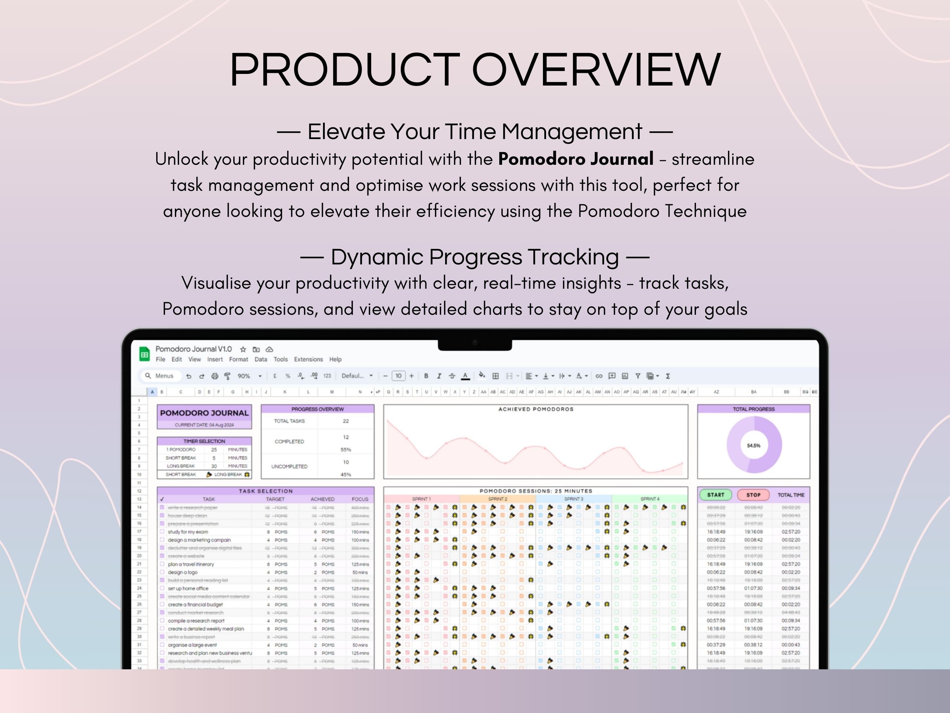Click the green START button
[716, 495]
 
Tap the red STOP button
[753, 495]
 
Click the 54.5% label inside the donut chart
[753, 445]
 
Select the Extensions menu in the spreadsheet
[308, 359]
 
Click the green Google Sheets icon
[145, 355]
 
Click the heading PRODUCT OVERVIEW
[475, 70]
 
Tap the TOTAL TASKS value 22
[346, 421]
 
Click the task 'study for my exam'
[188, 532]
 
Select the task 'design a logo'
[183, 572]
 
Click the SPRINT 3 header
[574, 499]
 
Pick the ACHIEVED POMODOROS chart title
[536, 409]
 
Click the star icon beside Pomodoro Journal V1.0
[243, 349]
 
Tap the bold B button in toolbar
[426, 376]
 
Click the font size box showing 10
[398, 376]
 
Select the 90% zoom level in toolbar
[244, 376]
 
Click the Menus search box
[161, 376]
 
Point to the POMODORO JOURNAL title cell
[204, 413]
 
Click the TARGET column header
[275, 499]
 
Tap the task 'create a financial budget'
[195, 604]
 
